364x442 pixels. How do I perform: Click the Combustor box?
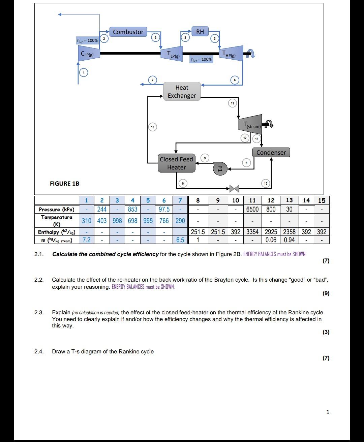tap(128, 32)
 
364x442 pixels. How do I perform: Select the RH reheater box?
tap(200, 32)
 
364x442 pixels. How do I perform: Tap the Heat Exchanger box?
tap(182, 92)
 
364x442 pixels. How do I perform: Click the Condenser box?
tap(271, 153)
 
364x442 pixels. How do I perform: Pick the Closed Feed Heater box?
tap(176, 163)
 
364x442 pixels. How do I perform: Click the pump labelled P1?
tap(220, 168)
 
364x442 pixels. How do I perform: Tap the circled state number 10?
tap(153, 127)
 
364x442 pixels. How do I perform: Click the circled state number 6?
tap(235, 80)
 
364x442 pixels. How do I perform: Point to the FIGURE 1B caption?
tap(64, 184)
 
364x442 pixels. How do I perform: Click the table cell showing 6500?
tap(252, 209)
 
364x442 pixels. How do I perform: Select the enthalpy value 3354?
tap(252, 232)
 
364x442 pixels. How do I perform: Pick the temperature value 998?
tap(117, 221)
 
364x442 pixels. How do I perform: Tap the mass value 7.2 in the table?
tap(87, 240)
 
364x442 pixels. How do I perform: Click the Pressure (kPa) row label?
tap(57, 209)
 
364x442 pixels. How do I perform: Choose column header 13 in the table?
tap(289, 200)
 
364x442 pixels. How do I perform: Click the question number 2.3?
tap(39, 313)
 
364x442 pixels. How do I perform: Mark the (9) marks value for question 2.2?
tap(326, 293)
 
